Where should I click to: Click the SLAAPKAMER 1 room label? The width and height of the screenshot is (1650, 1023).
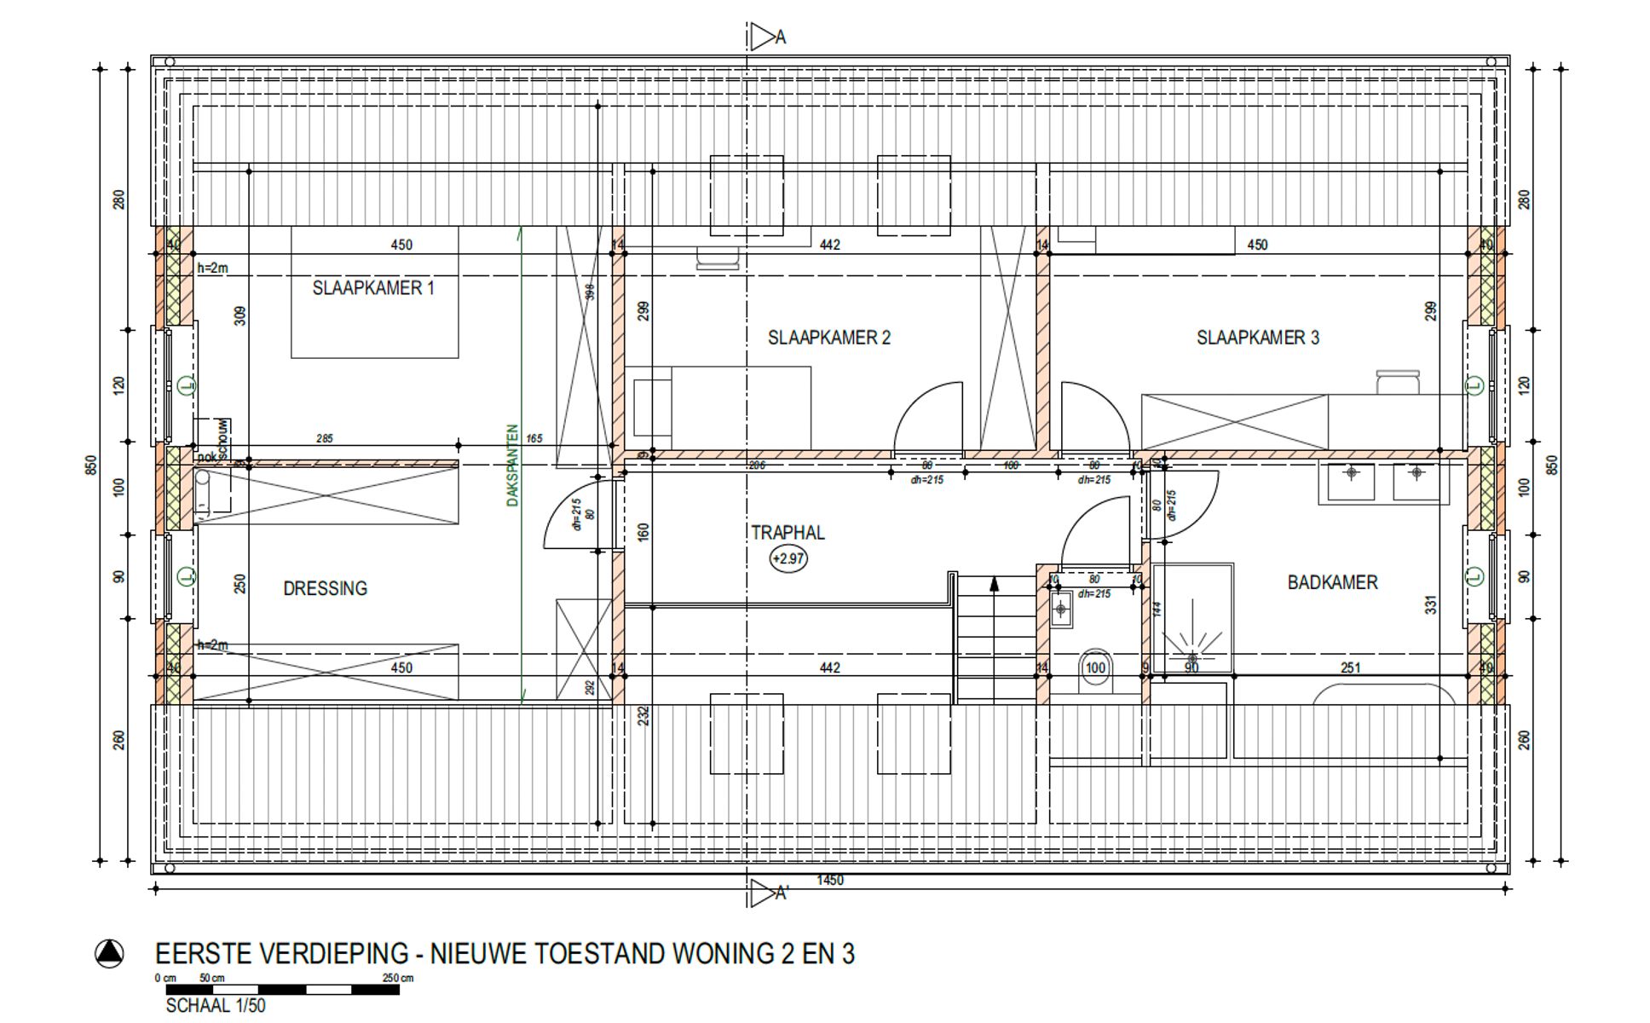click(x=373, y=288)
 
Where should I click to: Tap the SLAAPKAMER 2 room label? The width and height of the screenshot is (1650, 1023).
click(x=828, y=338)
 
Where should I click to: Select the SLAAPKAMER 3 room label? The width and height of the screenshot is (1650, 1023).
click(x=1257, y=338)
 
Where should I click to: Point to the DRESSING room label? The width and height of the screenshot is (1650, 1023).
click(x=325, y=588)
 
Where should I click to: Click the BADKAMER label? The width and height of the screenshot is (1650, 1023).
click(x=1332, y=582)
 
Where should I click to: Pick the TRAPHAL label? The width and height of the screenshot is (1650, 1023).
click(x=787, y=533)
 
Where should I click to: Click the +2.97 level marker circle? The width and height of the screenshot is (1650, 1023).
click(x=788, y=559)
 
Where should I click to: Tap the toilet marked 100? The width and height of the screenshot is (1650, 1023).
click(x=1095, y=668)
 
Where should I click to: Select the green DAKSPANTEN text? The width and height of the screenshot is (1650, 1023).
click(x=512, y=465)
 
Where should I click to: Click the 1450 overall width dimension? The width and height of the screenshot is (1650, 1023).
click(x=830, y=880)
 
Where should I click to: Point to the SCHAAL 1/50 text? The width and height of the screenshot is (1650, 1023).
click(x=216, y=1006)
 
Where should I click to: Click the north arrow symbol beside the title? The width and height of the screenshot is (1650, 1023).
click(x=109, y=953)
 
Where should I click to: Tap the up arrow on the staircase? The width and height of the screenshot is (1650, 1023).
click(x=994, y=584)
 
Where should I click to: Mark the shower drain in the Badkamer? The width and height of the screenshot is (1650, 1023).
click(x=1191, y=657)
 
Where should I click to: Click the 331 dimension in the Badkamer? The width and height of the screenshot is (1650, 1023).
click(x=1431, y=604)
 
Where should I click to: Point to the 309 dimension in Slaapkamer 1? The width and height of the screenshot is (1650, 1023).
click(x=240, y=315)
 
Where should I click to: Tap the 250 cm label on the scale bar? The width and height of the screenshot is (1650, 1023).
click(x=397, y=978)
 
